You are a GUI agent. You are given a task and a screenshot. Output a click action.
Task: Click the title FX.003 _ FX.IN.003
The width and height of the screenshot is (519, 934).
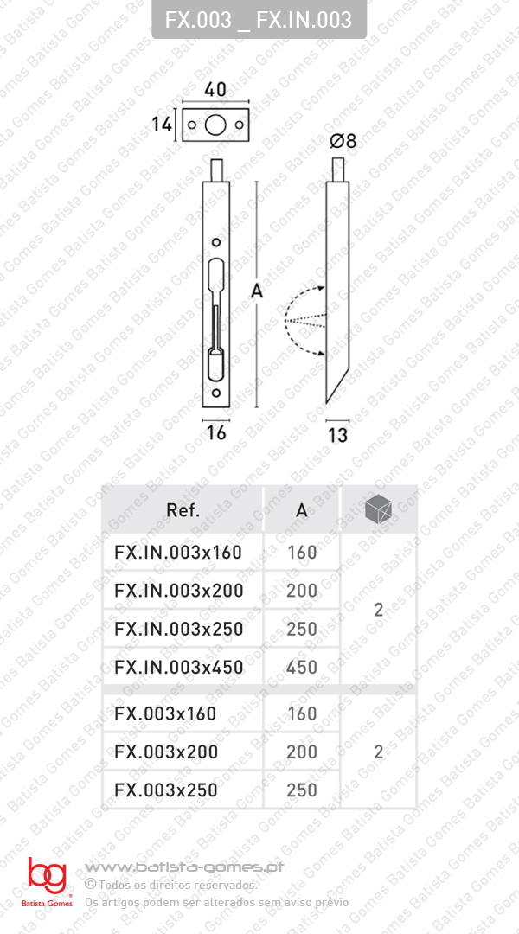pyautogui.click(x=259, y=19)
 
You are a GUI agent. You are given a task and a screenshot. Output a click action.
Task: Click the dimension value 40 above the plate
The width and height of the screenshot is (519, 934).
pyautogui.click(x=215, y=90)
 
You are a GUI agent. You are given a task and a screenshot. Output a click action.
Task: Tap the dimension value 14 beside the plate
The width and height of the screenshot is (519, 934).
pyautogui.click(x=161, y=125)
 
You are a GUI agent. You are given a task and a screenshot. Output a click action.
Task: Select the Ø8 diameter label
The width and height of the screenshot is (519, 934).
pyautogui.click(x=343, y=141)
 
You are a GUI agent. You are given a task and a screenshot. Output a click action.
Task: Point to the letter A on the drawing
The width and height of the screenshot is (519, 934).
pyautogui.click(x=256, y=292)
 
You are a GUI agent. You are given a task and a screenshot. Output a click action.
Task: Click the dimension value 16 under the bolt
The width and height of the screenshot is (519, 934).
pyautogui.click(x=216, y=432)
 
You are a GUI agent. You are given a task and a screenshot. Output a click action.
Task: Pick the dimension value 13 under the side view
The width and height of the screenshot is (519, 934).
pyautogui.click(x=337, y=435)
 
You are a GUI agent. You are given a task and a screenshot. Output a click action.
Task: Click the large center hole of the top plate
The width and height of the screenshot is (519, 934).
pyautogui.click(x=215, y=125)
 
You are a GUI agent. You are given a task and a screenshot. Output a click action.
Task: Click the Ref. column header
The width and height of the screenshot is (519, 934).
pyautogui.click(x=183, y=510)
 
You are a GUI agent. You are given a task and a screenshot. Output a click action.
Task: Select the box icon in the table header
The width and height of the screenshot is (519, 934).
pyautogui.click(x=378, y=510)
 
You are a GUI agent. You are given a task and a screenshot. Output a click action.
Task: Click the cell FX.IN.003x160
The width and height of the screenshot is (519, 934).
pyautogui.click(x=178, y=552)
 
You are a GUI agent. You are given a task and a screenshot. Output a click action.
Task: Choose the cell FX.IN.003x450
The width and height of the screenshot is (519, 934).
pyautogui.click(x=178, y=667)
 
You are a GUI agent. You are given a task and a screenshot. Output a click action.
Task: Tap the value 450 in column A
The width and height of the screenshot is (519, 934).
pyautogui.click(x=302, y=667)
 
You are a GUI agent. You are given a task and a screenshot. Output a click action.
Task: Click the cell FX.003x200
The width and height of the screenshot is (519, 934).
pyautogui.click(x=166, y=752)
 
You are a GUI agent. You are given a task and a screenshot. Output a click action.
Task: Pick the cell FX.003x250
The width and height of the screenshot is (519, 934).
pyautogui.click(x=166, y=790)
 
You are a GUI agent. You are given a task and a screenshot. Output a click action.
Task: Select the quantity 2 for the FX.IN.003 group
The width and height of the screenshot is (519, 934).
pyautogui.click(x=378, y=610)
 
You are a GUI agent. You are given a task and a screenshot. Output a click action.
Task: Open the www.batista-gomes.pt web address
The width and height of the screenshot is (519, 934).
pyautogui.click(x=186, y=867)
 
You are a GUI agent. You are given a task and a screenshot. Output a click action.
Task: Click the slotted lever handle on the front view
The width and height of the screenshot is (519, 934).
pyautogui.click(x=216, y=320)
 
